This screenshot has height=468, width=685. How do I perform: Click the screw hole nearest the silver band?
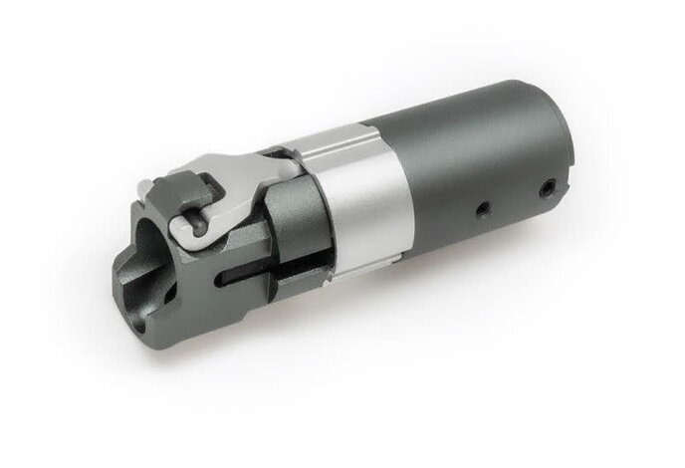481,208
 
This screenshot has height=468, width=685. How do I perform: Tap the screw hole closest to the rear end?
546,187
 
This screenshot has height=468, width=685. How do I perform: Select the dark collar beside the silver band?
299,214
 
